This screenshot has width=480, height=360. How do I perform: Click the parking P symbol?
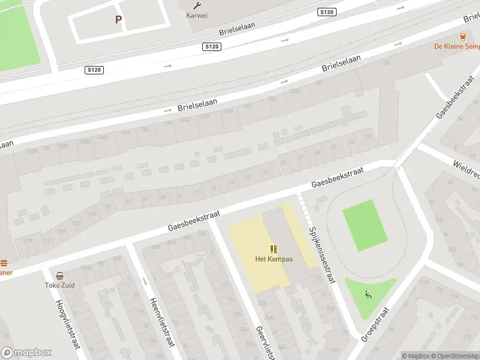118,20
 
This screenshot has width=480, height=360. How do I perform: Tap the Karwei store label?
196,15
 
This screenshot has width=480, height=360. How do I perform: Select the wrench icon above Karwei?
196,5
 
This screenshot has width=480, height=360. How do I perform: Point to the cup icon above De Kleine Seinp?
463,37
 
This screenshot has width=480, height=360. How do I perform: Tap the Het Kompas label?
274,259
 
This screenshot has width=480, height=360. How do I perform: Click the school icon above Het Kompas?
274,249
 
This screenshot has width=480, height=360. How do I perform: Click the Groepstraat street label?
376,324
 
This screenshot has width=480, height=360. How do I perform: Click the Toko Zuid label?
59,286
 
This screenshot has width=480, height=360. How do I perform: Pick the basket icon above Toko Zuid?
59,276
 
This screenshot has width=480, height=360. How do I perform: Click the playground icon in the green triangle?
367,295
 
